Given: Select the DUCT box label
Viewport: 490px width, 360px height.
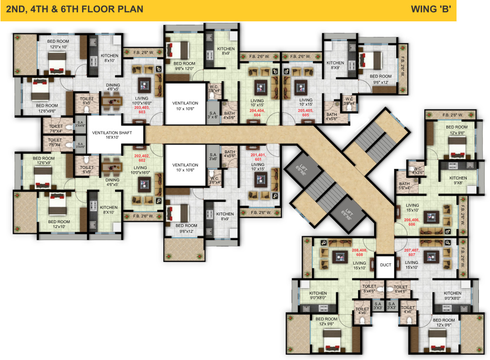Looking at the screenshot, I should click(386, 265).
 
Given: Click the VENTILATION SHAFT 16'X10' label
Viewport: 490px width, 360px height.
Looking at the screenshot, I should click(115, 135).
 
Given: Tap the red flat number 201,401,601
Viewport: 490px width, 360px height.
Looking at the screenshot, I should click(258, 157).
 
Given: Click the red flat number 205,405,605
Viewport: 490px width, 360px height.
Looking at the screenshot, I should click(306, 113).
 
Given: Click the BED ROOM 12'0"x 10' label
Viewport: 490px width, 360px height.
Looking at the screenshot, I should click(58, 44).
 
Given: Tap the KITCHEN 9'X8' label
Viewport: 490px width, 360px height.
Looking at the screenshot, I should click(458, 180).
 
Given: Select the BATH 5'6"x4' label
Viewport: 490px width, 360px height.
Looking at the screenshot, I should click(405, 186).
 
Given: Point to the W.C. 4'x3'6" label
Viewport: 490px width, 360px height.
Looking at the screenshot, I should click(418, 170).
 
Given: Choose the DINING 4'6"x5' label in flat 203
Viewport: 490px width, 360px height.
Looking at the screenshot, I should click(113, 87).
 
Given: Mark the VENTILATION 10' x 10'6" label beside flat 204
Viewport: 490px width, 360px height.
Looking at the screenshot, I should click(185, 106).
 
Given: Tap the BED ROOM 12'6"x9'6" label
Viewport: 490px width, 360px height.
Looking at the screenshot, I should click(47, 108).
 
